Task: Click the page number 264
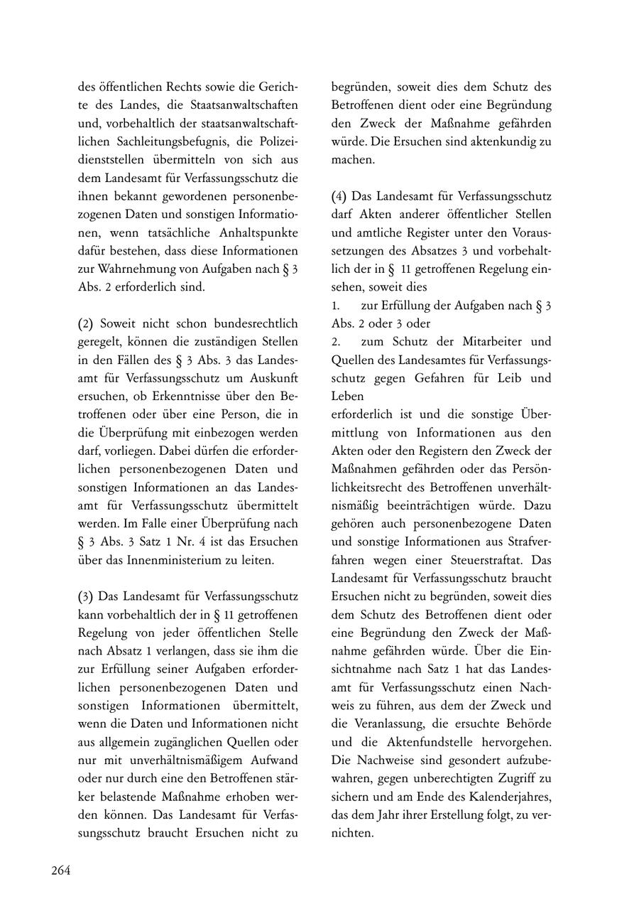pyautogui.click(x=60, y=871)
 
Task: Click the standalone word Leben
pyautogui.click(x=347, y=396)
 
